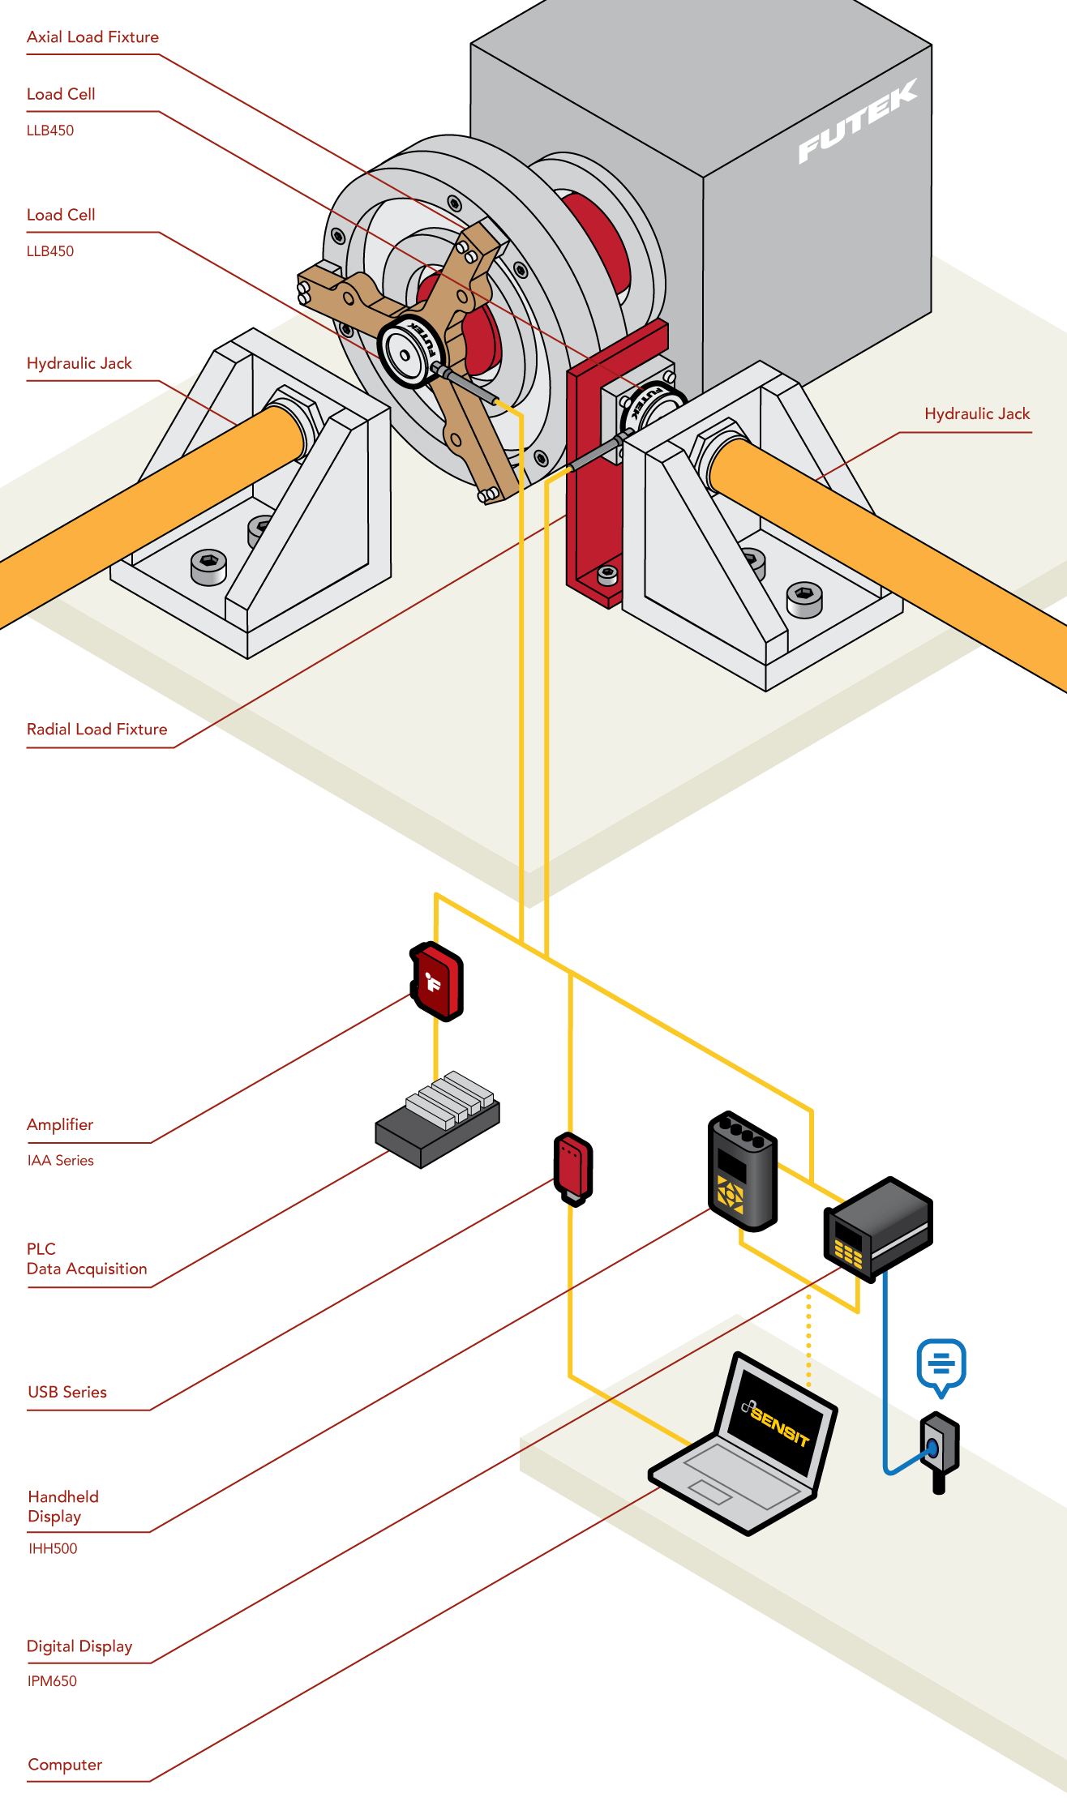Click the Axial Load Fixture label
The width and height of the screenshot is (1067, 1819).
coord(92,37)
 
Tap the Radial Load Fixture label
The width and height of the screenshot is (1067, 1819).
coord(96,729)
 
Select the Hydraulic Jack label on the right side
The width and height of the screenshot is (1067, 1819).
coord(976,413)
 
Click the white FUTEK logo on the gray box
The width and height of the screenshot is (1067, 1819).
coord(857,122)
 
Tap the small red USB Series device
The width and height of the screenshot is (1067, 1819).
coord(573,1167)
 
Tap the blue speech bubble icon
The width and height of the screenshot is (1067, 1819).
coord(941,1364)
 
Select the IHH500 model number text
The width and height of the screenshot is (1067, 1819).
coord(53,1548)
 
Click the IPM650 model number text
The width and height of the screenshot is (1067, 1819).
coord(52,1681)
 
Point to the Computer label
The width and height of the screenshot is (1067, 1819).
coord(65,1765)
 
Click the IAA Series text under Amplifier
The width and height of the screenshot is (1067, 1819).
coord(60,1161)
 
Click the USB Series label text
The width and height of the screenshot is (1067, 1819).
coord(66,1392)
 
